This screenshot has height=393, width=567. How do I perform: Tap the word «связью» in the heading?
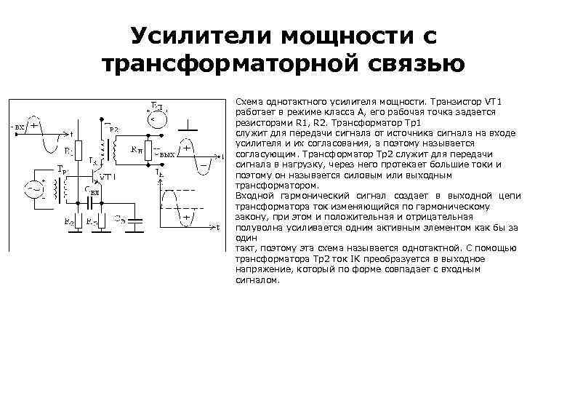click(x=411, y=64)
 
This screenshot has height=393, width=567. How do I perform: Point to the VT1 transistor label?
click(x=106, y=177)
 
